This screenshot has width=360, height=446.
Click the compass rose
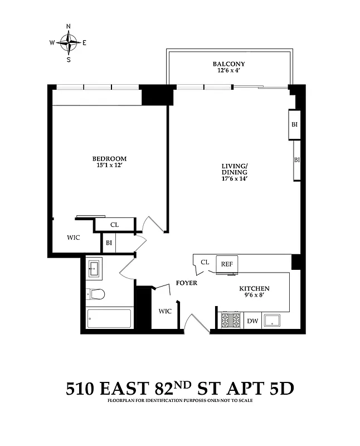[x=69, y=42]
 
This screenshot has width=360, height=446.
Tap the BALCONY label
[x=228, y=64]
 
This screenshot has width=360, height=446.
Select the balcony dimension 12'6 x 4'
[x=228, y=71]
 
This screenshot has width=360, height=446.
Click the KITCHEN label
[x=254, y=288]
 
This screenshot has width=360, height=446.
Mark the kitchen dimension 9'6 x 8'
[x=254, y=295]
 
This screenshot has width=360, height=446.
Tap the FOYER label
[x=186, y=283]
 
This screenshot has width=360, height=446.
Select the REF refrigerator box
[x=227, y=264]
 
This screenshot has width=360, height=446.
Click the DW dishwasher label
[x=252, y=321]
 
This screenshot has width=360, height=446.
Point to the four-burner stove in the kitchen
[x=231, y=321]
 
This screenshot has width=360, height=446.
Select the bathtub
[x=109, y=319]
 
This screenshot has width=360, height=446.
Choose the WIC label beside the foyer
[x=166, y=311]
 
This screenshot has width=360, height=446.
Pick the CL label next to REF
[x=205, y=262]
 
